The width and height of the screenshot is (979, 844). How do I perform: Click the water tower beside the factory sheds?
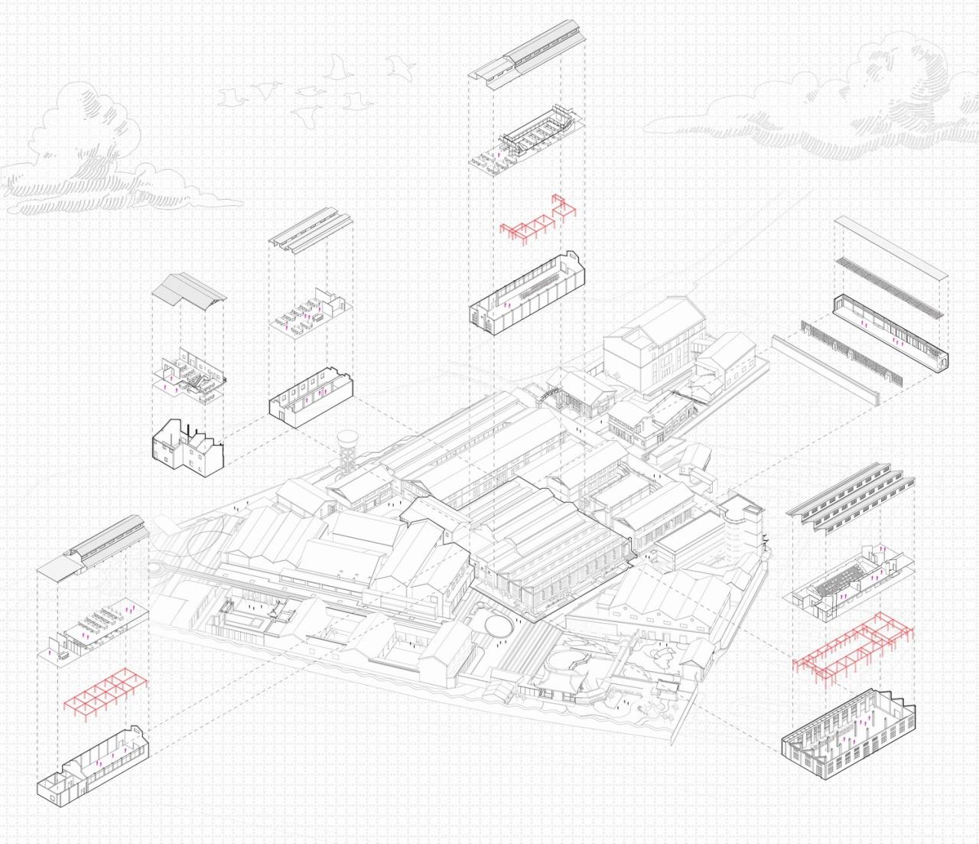click(x=348, y=451)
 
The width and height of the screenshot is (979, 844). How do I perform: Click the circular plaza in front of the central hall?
click(x=495, y=620)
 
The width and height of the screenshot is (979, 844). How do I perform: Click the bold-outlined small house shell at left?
click(x=187, y=445)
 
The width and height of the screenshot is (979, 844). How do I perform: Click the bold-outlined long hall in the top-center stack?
click(x=528, y=295)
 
